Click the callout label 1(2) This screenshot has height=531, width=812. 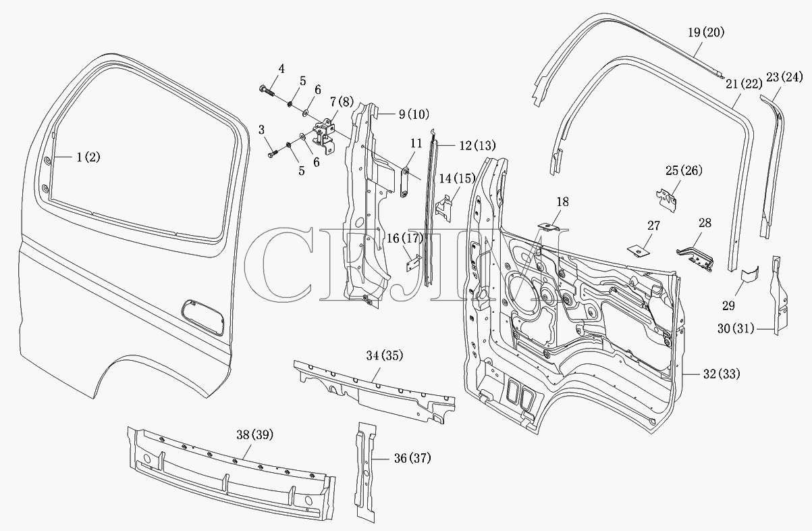[x=88, y=157]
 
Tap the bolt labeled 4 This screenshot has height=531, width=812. [x=267, y=90]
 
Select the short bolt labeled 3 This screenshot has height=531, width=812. [x=273, y=154]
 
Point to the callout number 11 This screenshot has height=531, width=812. [x=416, y=143]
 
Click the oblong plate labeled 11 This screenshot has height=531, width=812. [x=405, y=182]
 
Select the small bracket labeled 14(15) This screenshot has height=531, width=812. [x=443, y=209]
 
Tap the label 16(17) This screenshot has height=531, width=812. [x=405, y=238]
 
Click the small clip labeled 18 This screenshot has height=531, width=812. [x=549, y=227]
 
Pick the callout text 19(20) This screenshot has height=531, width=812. [x=706, y=32]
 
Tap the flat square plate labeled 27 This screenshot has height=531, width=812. [x=639, y=251]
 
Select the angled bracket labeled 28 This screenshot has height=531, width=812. [x=695, y=259]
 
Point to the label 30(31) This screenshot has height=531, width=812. [x=736, y=328]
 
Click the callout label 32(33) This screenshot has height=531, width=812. [x=722, y=374]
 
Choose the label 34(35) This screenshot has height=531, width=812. [x=385, y=356]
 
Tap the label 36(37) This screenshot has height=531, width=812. [x=412, y=459]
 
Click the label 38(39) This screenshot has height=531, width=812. [x=255, y=434]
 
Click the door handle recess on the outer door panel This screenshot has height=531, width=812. [x=202, y=318]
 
